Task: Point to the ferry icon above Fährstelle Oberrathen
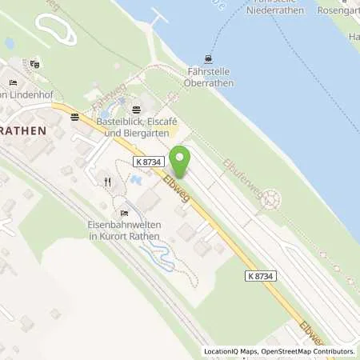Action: coord(209,58)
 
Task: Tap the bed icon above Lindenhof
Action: coord(12,82)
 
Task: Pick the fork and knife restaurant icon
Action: coord(107,182)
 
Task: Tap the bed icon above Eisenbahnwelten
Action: coord(123,213)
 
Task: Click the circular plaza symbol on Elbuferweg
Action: coord(272,198)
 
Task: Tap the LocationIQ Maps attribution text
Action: coord(230,351)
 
